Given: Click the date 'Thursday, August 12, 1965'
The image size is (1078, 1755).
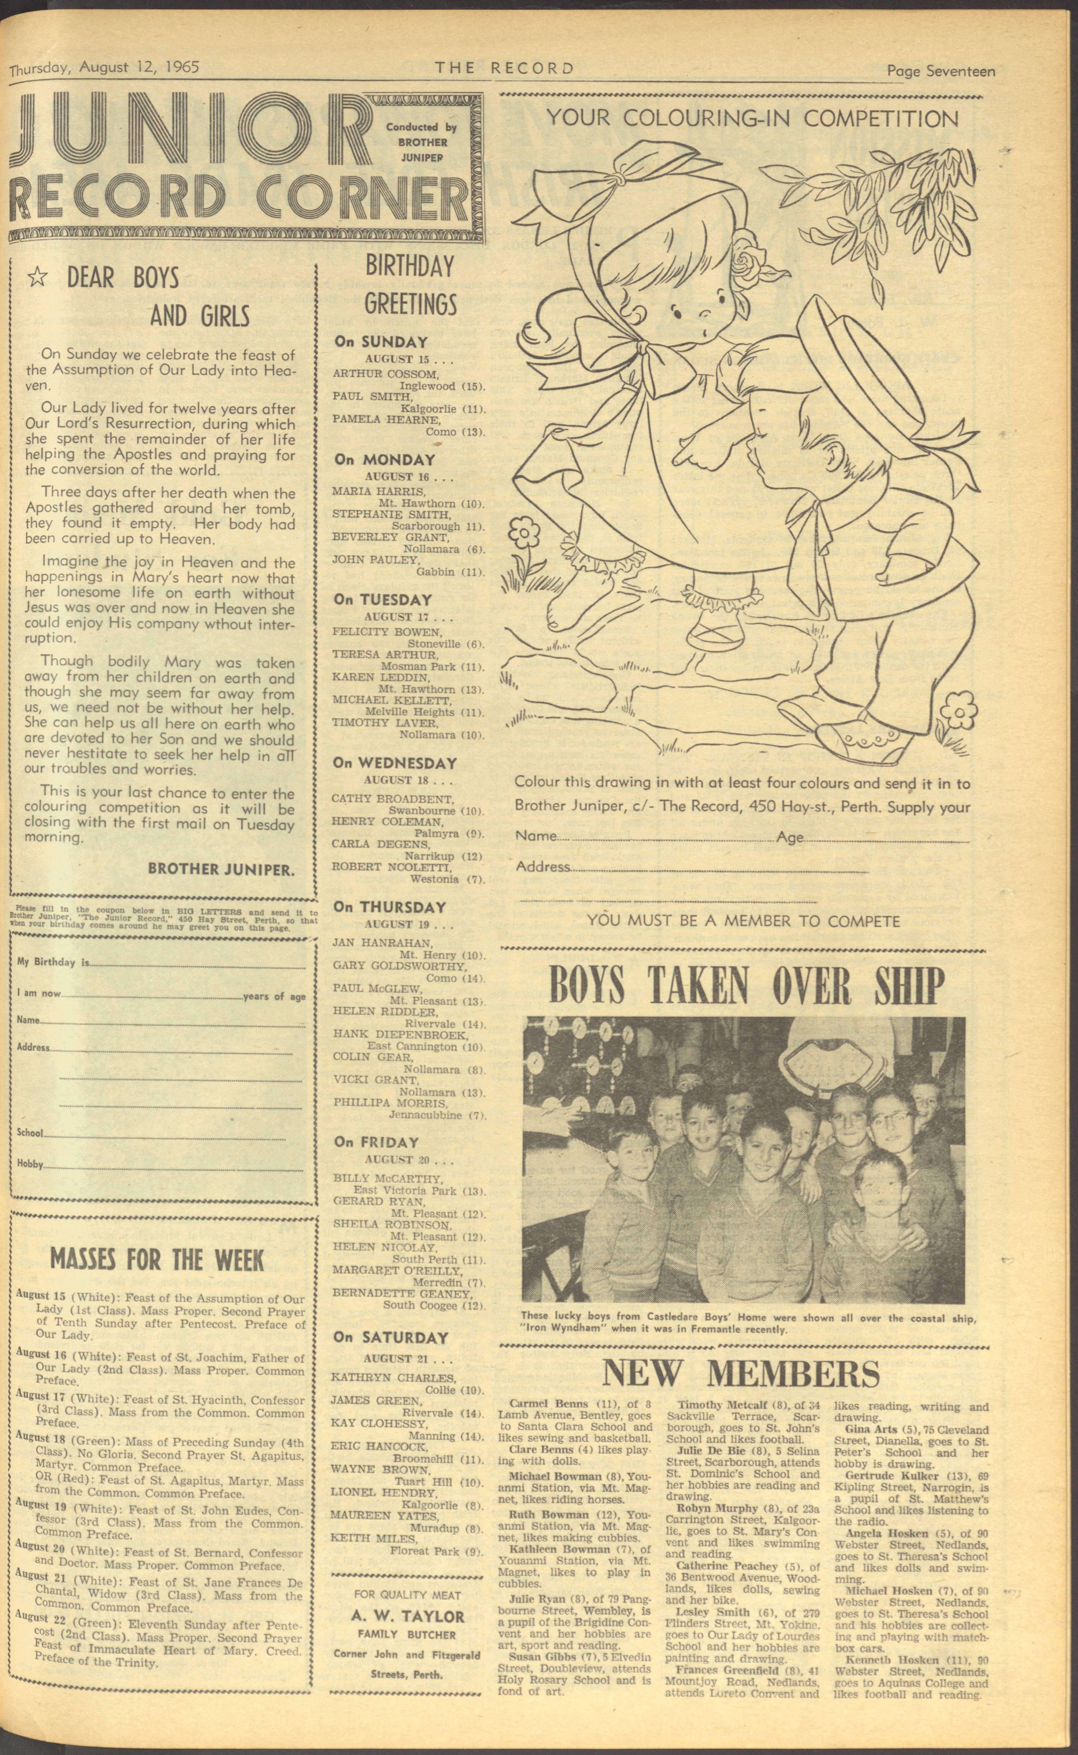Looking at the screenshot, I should pyautogui.click(x=104, y=68).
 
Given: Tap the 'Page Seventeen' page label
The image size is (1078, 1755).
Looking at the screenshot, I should pyautogui.click(x=940, y=71).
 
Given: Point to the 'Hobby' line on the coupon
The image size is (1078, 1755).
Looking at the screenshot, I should pyautogui.click(x=30, y=1164).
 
